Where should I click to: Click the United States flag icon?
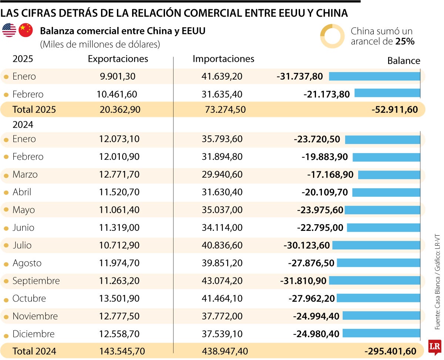point(9,30)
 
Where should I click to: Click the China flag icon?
point(26,30)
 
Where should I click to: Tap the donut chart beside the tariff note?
point(332,36)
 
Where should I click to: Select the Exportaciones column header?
point(118,59)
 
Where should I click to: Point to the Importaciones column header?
point(223,59)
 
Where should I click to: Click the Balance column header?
point(404,61)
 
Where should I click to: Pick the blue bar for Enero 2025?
point(374,77)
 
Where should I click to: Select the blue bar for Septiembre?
point(374,281)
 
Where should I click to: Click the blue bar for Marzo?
point(389,175)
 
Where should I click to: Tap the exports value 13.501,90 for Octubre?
point(119,299)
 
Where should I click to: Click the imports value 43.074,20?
point(222,281)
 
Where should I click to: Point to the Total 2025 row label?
point(34,110)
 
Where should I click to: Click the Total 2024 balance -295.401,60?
point(390,351)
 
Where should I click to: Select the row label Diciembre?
point(33,334)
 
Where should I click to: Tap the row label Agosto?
point(27,263)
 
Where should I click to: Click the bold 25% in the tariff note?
point(405,41)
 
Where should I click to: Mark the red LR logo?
point(435,347)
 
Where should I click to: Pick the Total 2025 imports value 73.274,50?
point(225,110)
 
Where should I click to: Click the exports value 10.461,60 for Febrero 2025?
point(117,94)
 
